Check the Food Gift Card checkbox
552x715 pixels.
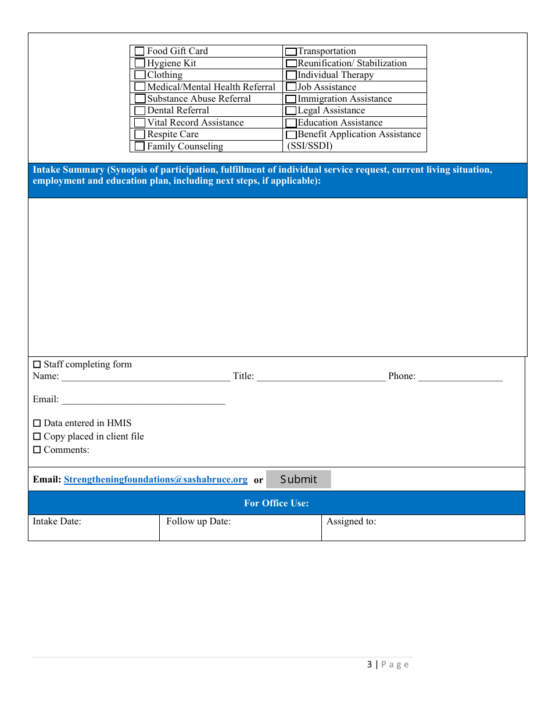(139, 51)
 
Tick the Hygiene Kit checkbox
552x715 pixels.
(139, 63)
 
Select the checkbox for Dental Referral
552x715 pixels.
(139, 110)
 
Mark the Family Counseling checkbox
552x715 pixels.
(139, 146)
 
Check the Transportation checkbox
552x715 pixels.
(291, 52)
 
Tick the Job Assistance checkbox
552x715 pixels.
(291, 87)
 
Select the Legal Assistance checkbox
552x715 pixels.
(291, 111)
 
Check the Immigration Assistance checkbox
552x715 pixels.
(291, 99)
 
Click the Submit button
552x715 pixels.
(298, 480)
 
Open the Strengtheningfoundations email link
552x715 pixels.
(155, 480)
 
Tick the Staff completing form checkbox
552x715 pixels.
(37, 364)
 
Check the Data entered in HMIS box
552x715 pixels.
(37, 423)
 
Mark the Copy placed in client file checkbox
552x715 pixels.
(37, 437)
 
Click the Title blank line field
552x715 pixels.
(321, 376)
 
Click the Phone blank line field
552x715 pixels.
(460, 376)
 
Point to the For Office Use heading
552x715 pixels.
(276, 503)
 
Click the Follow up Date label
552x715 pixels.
(198, 521)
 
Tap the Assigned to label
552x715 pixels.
(351, 521)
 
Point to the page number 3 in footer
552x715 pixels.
(370, 664)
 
